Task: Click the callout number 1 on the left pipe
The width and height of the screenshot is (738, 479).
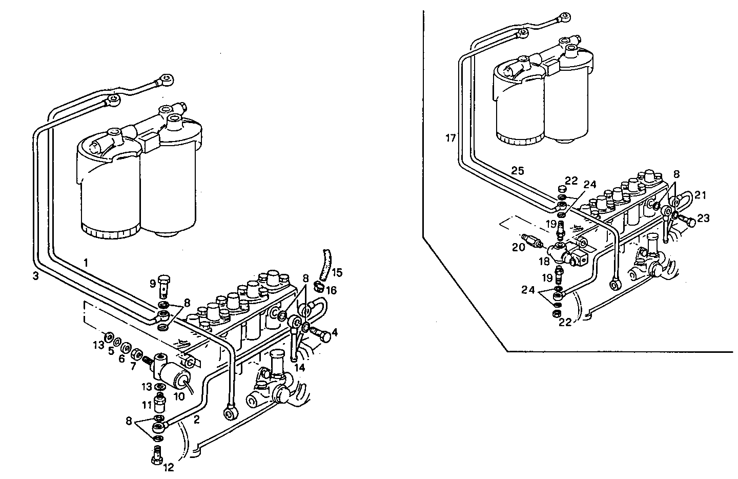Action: coord(86,263)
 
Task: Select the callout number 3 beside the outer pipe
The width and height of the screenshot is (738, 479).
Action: coord(35,275)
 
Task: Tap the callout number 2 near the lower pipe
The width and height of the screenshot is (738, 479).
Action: coord(196,420)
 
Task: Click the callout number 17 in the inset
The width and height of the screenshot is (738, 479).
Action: coord(450,138)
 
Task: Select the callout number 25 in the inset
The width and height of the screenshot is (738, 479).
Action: coord(518,171)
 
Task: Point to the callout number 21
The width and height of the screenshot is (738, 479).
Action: coord(700,195)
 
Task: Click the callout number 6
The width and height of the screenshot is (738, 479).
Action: coord(121,358)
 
